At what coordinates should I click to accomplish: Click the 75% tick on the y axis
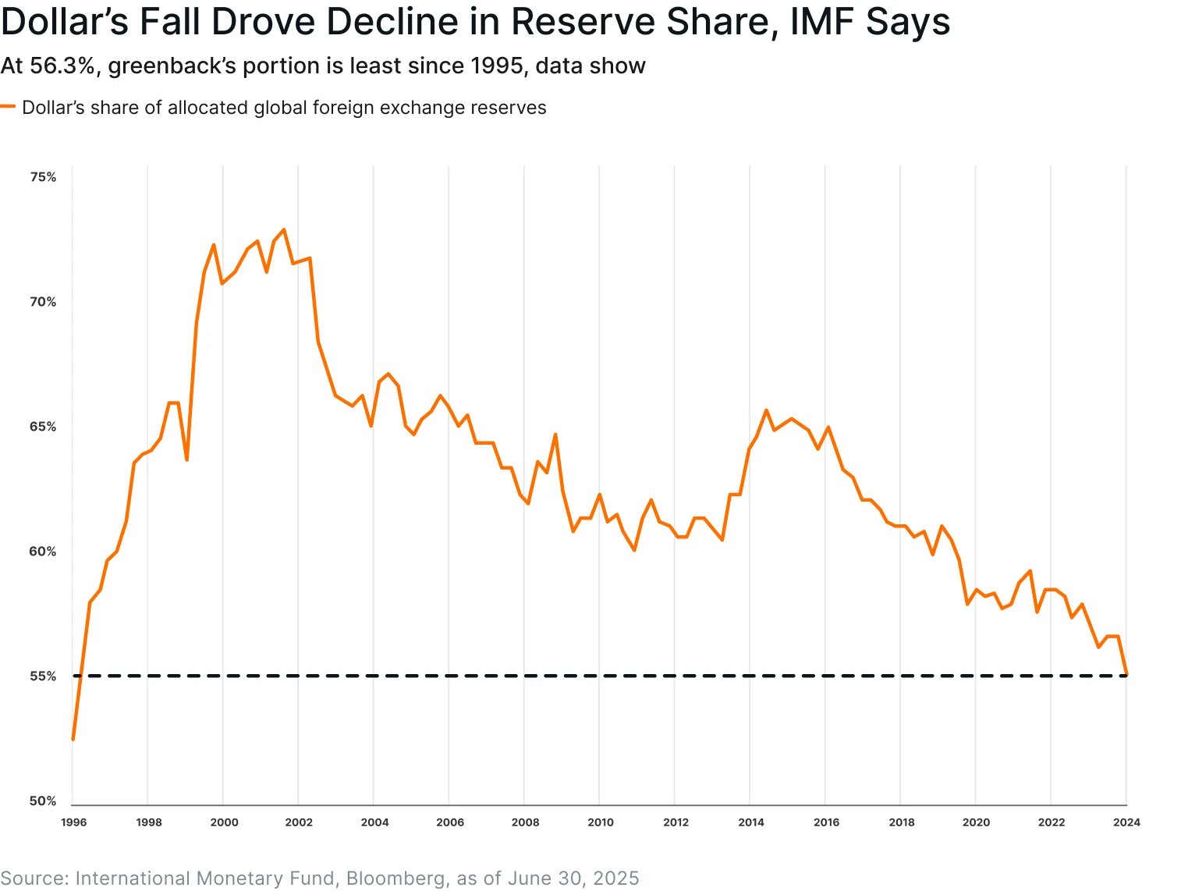coord(43,177)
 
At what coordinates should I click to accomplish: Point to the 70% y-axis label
coord(43,302)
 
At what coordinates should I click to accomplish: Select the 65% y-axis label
coord(43,427)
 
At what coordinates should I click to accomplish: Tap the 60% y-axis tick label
coord(43,552)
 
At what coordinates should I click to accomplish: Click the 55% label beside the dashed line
coord(43,676)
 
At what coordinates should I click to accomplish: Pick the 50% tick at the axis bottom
coord(43,801)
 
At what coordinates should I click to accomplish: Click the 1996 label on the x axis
coord(74,822)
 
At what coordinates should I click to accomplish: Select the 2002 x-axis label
coord(299,822)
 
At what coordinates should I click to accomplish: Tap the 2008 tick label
coord(525,822)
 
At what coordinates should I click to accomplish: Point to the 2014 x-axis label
coord(751,822)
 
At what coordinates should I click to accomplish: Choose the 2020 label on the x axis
coord(976,822)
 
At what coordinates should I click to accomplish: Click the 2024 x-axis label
coord(1126,822)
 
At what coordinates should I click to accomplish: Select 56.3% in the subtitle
coord(62,66)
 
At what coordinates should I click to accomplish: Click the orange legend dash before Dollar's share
coord(8,107)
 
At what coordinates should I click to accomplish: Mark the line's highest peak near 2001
coord(283,229)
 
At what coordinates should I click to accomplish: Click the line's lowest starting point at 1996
coord(73,739)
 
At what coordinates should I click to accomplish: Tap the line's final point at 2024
coord(1126,673)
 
